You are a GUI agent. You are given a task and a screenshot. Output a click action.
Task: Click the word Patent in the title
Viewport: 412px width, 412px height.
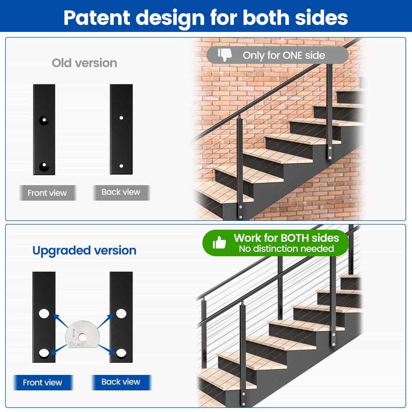pyautogui.click(x=97, y=18)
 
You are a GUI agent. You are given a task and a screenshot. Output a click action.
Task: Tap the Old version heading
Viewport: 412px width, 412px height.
pyautogui.click(x=84, y=63)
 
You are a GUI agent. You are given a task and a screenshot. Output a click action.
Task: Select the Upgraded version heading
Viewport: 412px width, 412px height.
pyautogui.click(x=84, y=251)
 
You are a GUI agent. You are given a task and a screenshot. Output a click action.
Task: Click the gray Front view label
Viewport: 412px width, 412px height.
pyautogui.click(x=47, y=193)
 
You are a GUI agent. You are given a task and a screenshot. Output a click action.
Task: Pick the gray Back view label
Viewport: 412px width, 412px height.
pyautogui.click(x=121, y=192)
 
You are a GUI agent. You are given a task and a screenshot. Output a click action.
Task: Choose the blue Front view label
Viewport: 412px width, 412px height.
pyautogui.click(x=43, y=382)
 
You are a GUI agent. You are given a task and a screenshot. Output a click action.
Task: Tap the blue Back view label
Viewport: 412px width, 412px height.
pyautogui.click(x=121, y=382)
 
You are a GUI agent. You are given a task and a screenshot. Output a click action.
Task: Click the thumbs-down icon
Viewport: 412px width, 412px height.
pyautogui.click(x=225, y=55)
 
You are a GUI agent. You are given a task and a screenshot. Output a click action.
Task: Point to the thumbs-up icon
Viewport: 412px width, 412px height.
pyautogui.click(x=219, y=242)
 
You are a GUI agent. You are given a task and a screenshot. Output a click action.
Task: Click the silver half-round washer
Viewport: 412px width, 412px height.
pyautogui.click(x=82, y=334)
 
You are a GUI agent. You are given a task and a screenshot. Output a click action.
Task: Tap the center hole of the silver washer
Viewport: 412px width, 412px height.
pyautogui.click(x=82, y=337)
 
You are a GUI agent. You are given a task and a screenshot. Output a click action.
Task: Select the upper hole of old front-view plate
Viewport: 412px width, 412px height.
pyautogui.click(x=44, y=120)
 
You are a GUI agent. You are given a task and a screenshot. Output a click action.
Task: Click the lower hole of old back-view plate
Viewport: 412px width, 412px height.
pyautogui.click(x=122, y=166)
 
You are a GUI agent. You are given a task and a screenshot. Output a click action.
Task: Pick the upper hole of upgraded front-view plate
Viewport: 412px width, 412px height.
pyautogui.click(x=44, y=314)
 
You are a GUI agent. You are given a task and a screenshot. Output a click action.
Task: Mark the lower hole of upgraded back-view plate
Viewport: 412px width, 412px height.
pyautogui.click(x=121, y=353)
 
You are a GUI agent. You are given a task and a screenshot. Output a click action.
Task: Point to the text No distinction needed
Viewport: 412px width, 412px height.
pyautogui.click(x=286, y=249)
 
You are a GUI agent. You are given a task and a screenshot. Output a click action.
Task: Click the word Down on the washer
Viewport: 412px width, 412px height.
pyautogui.click(x=76, y=344)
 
